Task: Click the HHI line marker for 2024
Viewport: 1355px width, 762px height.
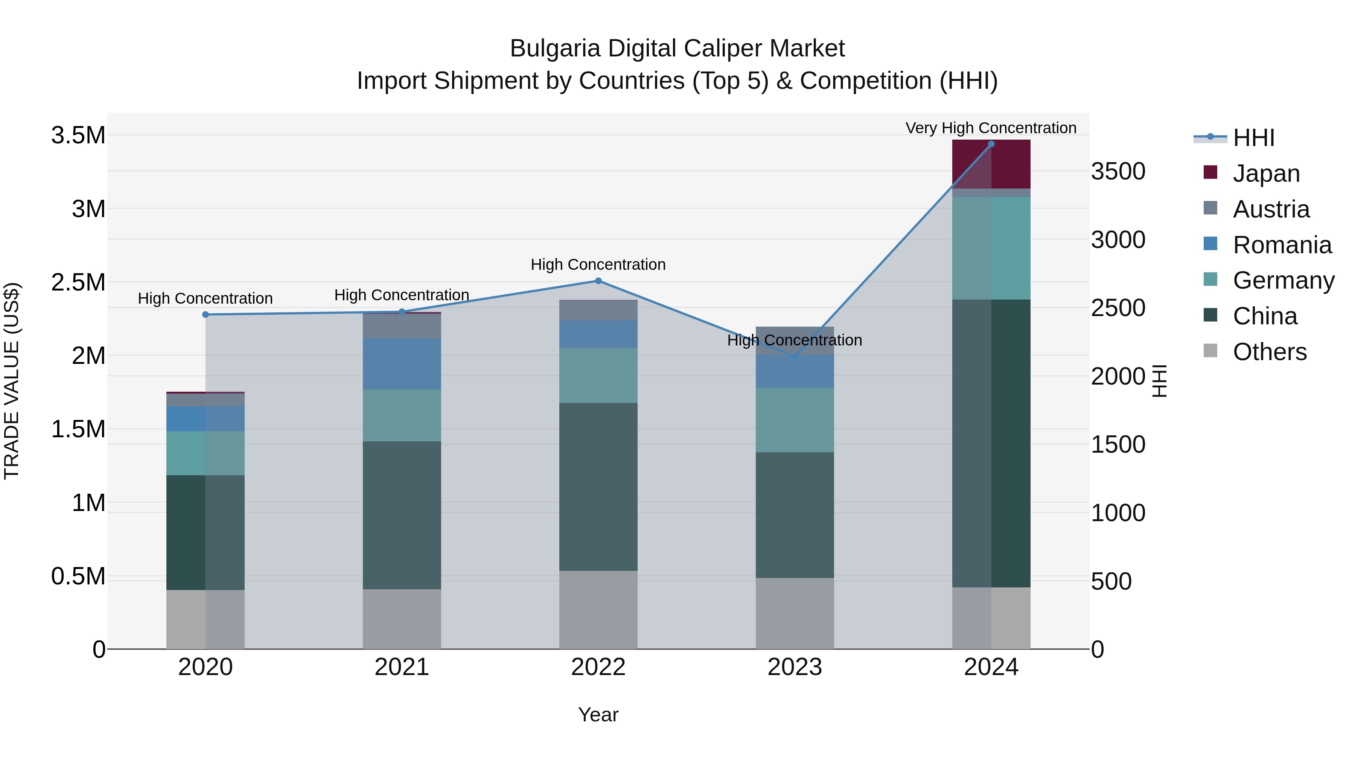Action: click(x=991, y=144)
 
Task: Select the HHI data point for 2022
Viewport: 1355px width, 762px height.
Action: click(x=598, y=281)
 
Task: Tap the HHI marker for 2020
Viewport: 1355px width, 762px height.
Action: click(x=206, y=315)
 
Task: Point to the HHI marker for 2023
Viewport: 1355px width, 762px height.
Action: click(x=795, y=357)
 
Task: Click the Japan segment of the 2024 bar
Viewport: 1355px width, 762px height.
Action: click(x=991, y=164)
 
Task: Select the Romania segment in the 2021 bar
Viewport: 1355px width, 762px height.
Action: click(x=402, y=364)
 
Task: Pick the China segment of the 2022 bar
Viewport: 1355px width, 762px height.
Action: click(x=598, y=487)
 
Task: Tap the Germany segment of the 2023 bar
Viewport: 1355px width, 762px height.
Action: click(x=795, y=420)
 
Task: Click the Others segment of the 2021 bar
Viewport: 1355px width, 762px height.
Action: click(x=402, y=619)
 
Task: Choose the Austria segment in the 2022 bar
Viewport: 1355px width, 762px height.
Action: click(x=598, y=310)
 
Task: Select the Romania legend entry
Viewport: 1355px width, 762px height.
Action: click(x=1281, y=245)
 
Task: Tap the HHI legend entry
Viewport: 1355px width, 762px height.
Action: click(x=1253, y=138)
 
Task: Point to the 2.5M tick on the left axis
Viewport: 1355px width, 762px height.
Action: click(x=78, y=282)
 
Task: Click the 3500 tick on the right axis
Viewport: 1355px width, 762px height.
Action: click(x=1118, y=172)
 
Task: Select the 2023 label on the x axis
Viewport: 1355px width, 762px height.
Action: click(x=795, y=667)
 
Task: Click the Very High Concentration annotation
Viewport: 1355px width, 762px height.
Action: click(x=991, y=128)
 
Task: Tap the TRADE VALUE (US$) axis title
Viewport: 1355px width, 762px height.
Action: click(x=12, y=381)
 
